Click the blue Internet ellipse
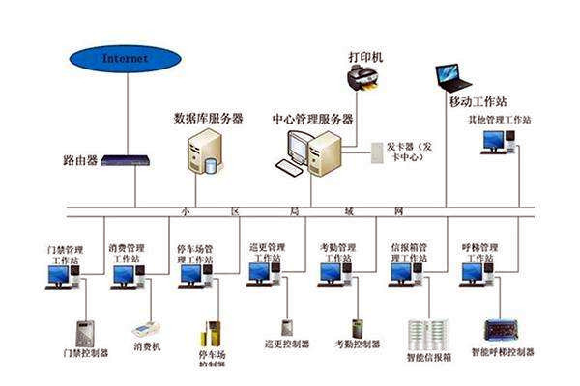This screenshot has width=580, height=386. [x=126, y=59]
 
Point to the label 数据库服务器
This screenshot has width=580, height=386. [x=208, y=118]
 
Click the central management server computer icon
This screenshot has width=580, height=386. [x=314, y=153]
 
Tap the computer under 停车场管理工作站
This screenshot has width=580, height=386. [x=192, y=275]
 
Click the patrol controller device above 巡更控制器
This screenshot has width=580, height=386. [x=287, y=329]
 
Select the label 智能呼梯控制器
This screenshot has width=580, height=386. [x=502, y=353]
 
